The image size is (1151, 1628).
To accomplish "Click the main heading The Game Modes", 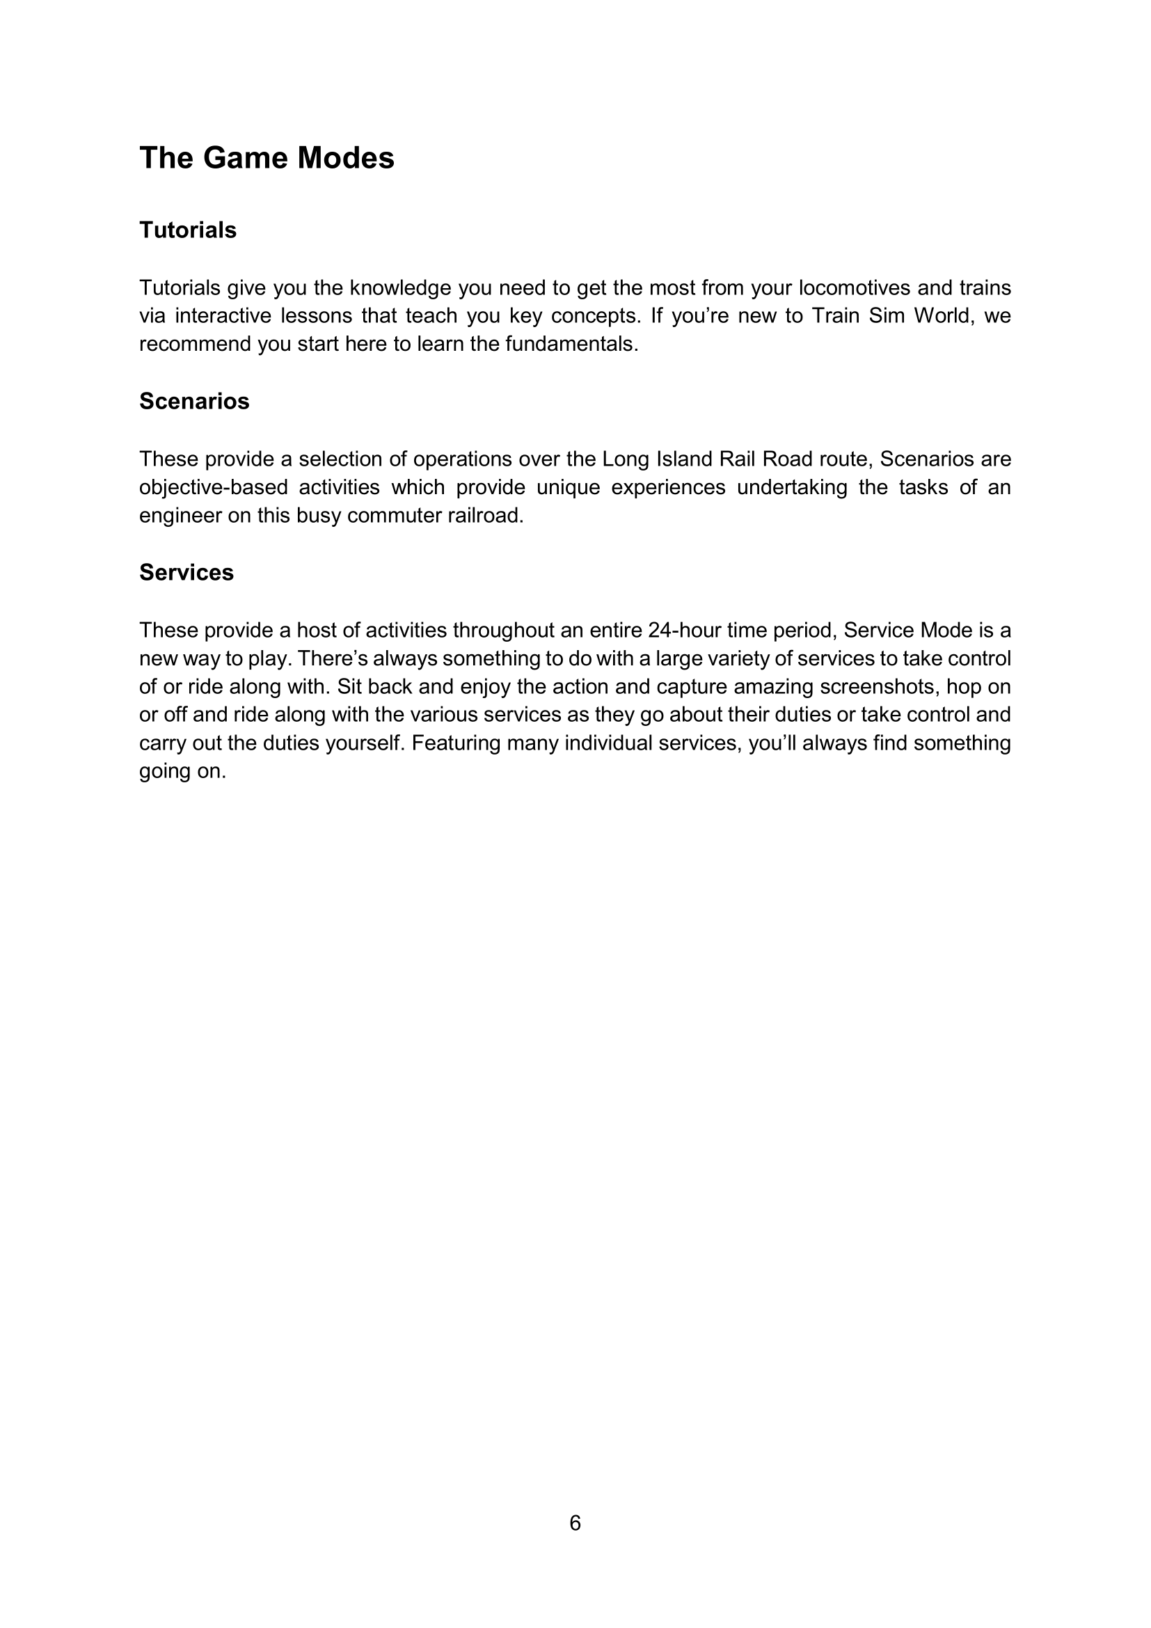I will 267,157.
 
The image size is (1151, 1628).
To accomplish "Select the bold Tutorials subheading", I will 188,230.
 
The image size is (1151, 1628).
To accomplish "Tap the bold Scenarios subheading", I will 194,402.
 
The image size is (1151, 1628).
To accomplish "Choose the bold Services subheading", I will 186,572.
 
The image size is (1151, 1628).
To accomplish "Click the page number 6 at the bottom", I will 575,1522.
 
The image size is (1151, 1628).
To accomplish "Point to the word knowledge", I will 400,288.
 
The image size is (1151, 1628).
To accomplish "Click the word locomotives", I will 854,288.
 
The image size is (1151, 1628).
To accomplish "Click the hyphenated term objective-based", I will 214,488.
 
